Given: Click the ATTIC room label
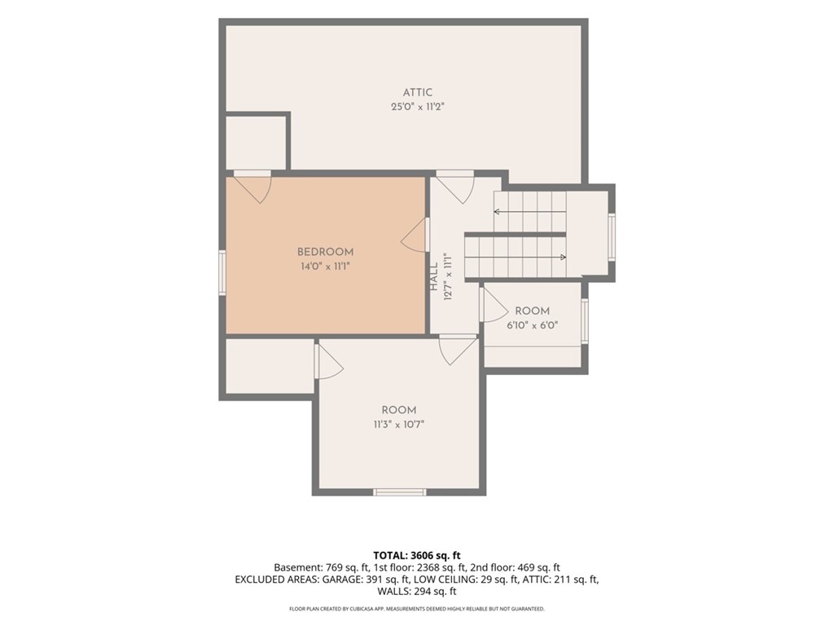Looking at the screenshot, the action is pyautogui.click(x=418, y=93).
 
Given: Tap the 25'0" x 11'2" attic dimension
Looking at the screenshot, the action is pyautogui.click(x=418, y=107).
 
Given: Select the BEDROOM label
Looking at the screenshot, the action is pyautogui.click(x=325, y=252).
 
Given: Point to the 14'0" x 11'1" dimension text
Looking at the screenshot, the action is pyautogui.click(x=325, y=267).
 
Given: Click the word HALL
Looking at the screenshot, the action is pyautogui.click(x=434, y=276).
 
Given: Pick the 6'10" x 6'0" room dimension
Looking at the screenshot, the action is pyautogui.click(x=532, y=324).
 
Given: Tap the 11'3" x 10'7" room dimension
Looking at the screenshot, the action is pyautogui.click(x=399, y=424).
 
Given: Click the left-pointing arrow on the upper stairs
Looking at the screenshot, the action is pyautogui.click(x=529, y=212).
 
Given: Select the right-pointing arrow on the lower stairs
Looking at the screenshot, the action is pyautogui.click(x=516, y=258).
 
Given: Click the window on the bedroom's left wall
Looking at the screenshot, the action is pyautogui.click(x=222, y=272).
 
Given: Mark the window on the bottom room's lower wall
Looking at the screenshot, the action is pyautogui.click(x=399, y=492).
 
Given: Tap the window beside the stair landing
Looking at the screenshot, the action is pyautogui.click(x=612, y=237).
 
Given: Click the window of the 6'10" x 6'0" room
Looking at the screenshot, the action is pyautogui.click(x=585, y=320).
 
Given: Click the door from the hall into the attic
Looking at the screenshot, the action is pyautogui.click(x=455, y=187).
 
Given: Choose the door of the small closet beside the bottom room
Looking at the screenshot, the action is pyautogui.click(x=329, y=361).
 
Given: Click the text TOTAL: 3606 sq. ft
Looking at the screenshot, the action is pyautogui.click(x=417, y=556).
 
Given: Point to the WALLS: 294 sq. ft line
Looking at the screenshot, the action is pyautogui.click(x=417, y=592).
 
